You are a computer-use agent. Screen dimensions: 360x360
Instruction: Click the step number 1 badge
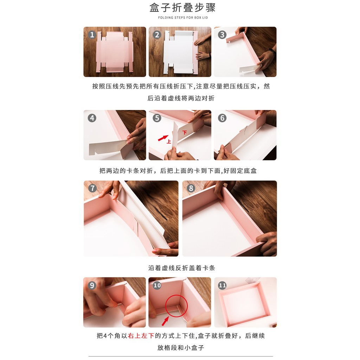[x=92, y=35]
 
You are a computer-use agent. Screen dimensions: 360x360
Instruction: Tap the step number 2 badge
[x=157, y=35]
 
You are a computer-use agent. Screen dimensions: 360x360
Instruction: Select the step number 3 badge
[x=222, y=35]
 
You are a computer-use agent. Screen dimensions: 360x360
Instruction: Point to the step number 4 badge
[x=92, y=118]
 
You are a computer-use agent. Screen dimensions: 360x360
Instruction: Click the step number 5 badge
[x=157, y=118]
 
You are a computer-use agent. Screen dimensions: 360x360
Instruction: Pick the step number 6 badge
[x=222, y=118]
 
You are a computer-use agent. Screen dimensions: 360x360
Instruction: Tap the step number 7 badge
[x=92, y=188]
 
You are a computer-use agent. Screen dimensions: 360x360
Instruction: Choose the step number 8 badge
[x=191, y=188]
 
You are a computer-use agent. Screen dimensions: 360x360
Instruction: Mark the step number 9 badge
[x=92, y=285]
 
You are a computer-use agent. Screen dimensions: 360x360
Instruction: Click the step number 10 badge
[x=157, y=285]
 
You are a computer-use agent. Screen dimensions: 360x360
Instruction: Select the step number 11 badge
[x=222, y=285]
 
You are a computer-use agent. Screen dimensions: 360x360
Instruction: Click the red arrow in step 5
[x=163, y=138]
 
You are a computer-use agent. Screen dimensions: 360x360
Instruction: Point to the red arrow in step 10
[x=165, y=321]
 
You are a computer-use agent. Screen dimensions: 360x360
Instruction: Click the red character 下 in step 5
[x=185, y=133]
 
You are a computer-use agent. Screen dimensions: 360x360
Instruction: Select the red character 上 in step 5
[x=169, y=141]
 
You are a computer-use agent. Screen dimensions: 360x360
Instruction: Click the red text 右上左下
[x=141, y=336]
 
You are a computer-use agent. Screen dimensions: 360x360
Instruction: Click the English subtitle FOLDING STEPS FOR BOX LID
[x=183, y=18]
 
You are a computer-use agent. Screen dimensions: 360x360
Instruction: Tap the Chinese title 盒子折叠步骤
[x=182, y=8]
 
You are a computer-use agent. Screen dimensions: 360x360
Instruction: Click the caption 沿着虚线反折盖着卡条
[x=182, y=268]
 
